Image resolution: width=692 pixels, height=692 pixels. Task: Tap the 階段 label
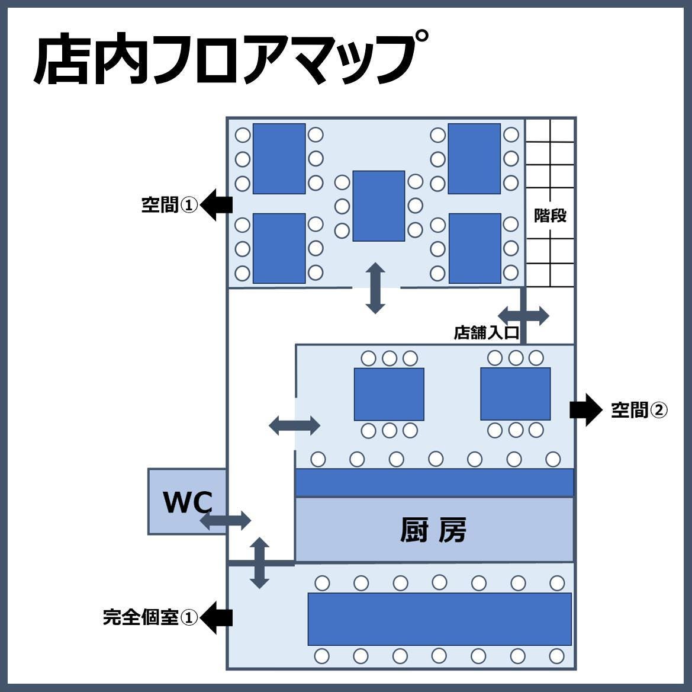click(550, 215)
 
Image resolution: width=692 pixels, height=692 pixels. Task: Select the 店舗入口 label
click(486, 332)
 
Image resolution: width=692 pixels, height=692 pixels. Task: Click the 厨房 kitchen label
click(433, 530)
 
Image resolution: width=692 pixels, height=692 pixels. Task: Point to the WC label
click(187, 502)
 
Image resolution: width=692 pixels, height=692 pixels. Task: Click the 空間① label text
click(169, 205)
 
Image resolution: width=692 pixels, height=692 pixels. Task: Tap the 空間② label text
click(639, 409)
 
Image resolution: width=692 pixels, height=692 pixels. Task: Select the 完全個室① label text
click(150, 617)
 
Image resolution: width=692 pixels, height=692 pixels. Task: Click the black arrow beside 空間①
click(216, 205)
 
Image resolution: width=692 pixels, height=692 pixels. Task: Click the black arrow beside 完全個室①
click(216, 617)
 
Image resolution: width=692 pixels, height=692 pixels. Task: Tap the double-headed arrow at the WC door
click(226, 521)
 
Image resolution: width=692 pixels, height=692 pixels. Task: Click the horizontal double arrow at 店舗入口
click(523, 315)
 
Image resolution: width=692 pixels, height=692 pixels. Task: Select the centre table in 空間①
click(379, 206)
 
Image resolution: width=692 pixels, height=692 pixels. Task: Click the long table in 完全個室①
click(439, 619)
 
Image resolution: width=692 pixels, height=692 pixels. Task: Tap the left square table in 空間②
click(389, 394)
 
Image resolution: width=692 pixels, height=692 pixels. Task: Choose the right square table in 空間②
click(515, 393)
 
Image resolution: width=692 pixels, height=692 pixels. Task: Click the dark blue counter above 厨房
click(434, 482)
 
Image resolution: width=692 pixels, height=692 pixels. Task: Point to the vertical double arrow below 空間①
click(375, 288)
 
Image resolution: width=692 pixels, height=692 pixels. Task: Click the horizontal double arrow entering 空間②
click(295, 425)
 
